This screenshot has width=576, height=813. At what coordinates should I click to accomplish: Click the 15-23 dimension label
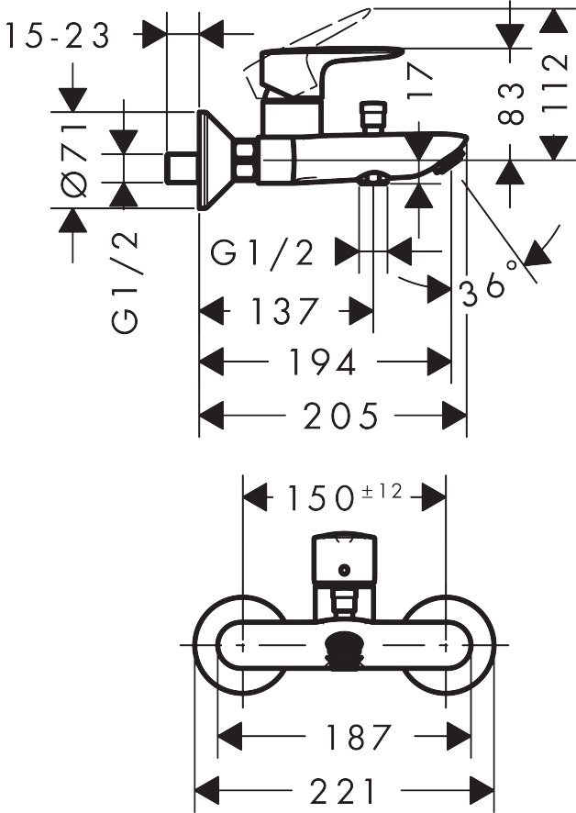tap(57, 36)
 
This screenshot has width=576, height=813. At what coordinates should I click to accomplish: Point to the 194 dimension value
tap(322, 363)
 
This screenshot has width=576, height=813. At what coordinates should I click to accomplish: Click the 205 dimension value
tap(342, 416)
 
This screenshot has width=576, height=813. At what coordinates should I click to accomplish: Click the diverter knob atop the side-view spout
tap(372, 117)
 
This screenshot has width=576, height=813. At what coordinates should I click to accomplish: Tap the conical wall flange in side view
tap(215, 161)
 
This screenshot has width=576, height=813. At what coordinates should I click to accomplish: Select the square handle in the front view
tap(343, 559)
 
